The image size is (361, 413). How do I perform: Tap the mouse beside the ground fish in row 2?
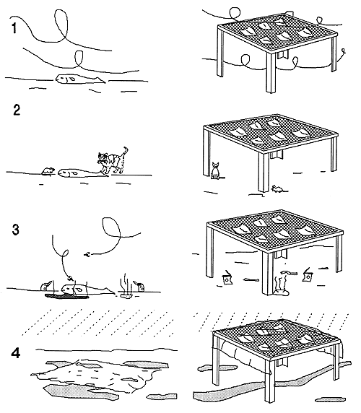pos(48,171)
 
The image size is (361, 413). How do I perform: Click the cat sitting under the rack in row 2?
pos(214,171)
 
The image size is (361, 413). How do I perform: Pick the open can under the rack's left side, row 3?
pos(227,277)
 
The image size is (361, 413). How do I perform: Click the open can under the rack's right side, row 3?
pos(308,275)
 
